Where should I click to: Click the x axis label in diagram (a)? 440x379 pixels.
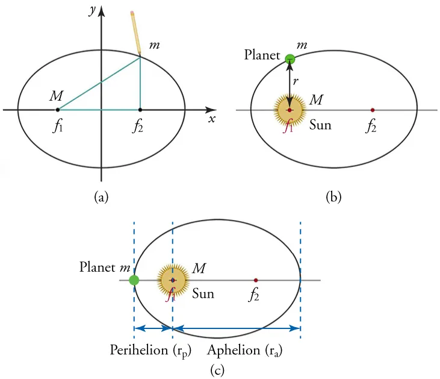(x=212, y=119)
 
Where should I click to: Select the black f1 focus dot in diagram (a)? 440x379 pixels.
(x=58, y=110)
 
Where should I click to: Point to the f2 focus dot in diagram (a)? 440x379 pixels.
(x=140, y=110)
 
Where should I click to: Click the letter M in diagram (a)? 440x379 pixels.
(x=57, y=96)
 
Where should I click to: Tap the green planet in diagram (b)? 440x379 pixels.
(x=290, y=59)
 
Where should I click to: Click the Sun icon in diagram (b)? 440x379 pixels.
(x=290, y=110)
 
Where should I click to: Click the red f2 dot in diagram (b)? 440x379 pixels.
(x=373, y=110)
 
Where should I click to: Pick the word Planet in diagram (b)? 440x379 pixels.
(x=262, y=55)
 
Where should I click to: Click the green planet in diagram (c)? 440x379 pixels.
(x=134, y=280)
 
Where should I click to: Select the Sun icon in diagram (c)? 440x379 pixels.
(x=173, y=280)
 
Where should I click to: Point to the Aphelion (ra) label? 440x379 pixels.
(x=245, y=349)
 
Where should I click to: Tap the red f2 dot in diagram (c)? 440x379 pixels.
(x=256, y=280)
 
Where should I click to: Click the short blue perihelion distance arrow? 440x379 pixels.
(x=153, y=328)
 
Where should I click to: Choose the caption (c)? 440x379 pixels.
(x=217, y=369)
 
